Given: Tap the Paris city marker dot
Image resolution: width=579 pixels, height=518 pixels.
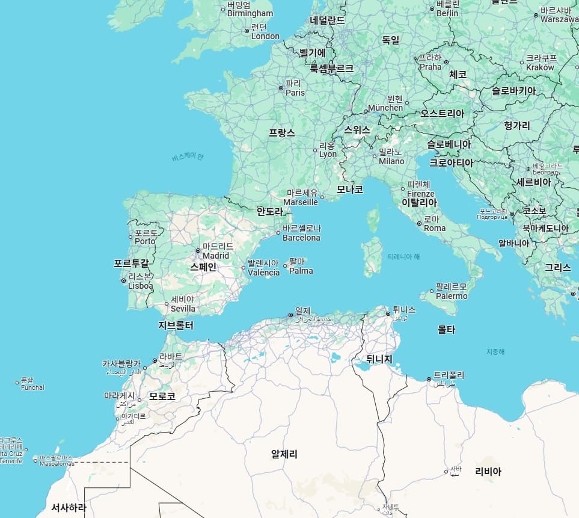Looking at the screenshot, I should pos(281,88).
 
